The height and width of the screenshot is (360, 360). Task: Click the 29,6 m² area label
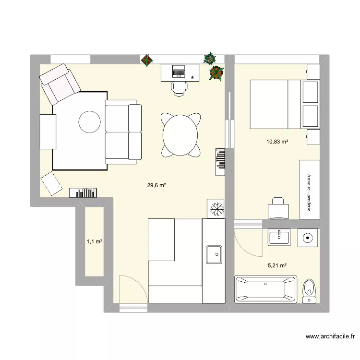pos(156,185)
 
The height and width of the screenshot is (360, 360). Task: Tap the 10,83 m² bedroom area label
pos(277,142)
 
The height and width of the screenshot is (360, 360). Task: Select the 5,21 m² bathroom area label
pos(277,265)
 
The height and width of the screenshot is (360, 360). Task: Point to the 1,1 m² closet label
pos(95,241)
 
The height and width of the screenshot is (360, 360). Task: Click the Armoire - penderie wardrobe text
pos(309,192)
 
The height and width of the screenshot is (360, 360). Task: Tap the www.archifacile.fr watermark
pos(330,336)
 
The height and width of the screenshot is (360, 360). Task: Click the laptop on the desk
pos(179,71)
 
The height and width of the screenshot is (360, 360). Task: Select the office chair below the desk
pos(180,89)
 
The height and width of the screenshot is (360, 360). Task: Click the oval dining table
pos(180,135)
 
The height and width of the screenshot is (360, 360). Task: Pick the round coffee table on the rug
pos(90,122)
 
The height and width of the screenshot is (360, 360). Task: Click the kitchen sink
pos(214,254)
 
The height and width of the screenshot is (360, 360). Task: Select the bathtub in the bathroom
pos(265,289)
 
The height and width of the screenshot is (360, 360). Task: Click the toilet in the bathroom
pos(309,291)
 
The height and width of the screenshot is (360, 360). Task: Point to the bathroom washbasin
pos(279,238)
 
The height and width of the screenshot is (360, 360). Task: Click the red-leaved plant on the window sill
pos(147,60)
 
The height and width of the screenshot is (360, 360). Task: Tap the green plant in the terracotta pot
pos(216,73)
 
